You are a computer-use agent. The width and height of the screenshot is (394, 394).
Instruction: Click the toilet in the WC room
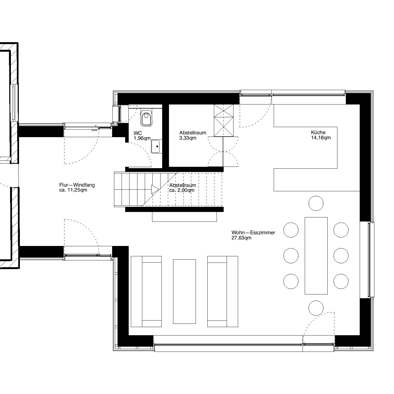pos(146,118)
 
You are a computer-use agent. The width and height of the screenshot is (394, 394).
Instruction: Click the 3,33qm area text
pos(188,138)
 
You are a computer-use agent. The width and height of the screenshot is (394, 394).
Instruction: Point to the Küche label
pos(318,132)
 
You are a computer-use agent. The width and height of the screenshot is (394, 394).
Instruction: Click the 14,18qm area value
pos(321,138)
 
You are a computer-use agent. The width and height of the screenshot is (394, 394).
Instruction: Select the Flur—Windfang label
pos(77,185)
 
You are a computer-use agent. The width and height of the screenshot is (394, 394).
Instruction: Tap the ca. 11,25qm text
pos(73,190)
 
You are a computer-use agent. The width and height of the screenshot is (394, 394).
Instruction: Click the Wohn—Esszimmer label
pos(253,232)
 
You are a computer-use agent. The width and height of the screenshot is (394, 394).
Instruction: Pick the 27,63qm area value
pos(241,238)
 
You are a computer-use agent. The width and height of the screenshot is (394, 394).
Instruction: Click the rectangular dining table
pos(316,256)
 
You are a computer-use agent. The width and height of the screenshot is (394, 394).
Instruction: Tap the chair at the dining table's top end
pos(316,203)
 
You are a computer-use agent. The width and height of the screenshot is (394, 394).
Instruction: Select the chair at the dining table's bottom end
pos(316,308)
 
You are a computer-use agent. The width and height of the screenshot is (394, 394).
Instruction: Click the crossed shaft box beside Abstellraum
pos(224,121)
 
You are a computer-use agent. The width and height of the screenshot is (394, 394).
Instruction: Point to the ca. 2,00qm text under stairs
pos(182,190)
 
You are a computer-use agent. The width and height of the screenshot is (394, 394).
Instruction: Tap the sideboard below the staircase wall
pos(184,217)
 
